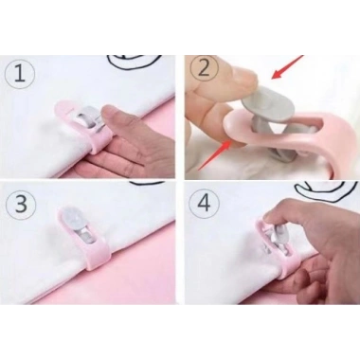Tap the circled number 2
205,69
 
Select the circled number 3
21,205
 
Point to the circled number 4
204,204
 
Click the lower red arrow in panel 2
214,155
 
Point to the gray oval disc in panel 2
266,107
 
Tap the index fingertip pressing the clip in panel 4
271,218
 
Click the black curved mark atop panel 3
148,182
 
